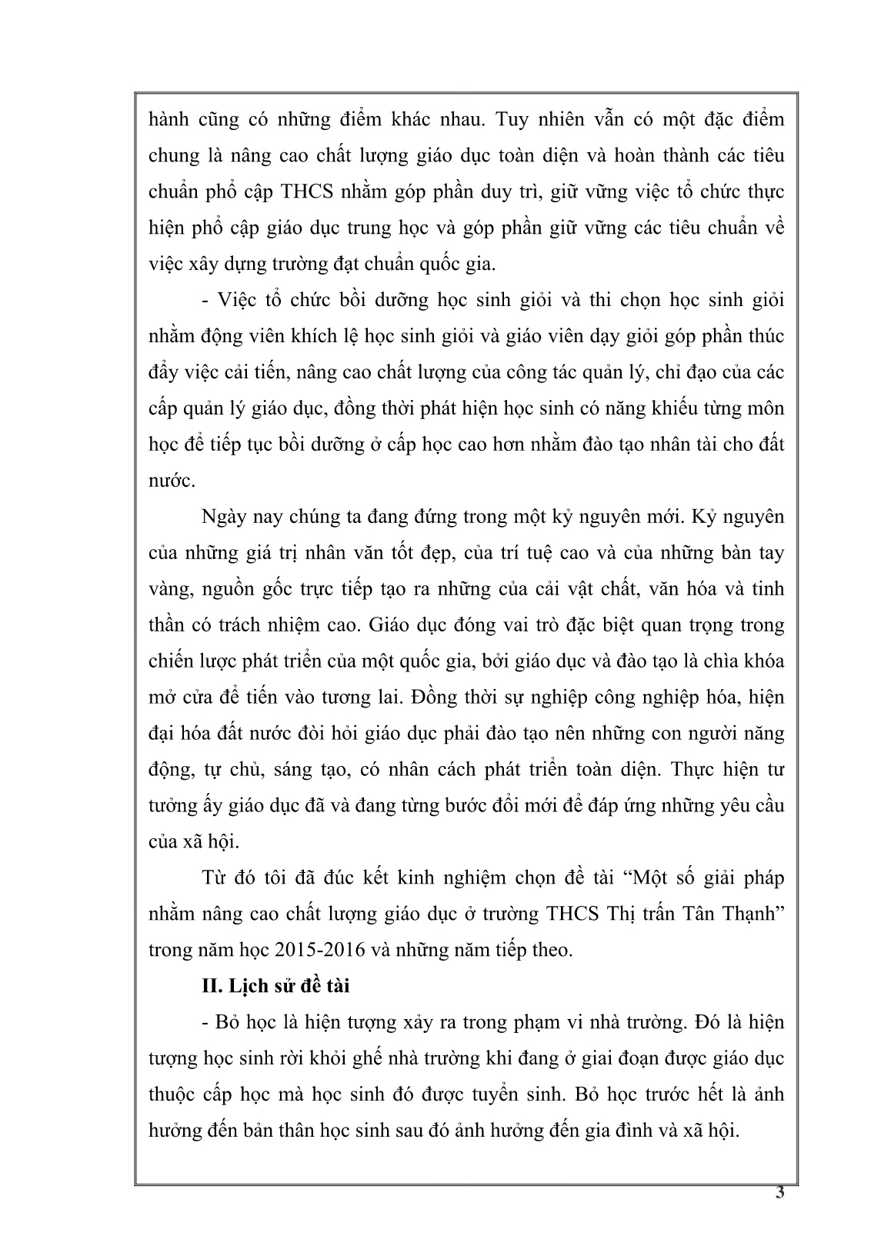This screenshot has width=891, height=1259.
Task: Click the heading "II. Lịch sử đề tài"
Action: [274, 985]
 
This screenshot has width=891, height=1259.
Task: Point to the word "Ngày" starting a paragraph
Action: [220, 516]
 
